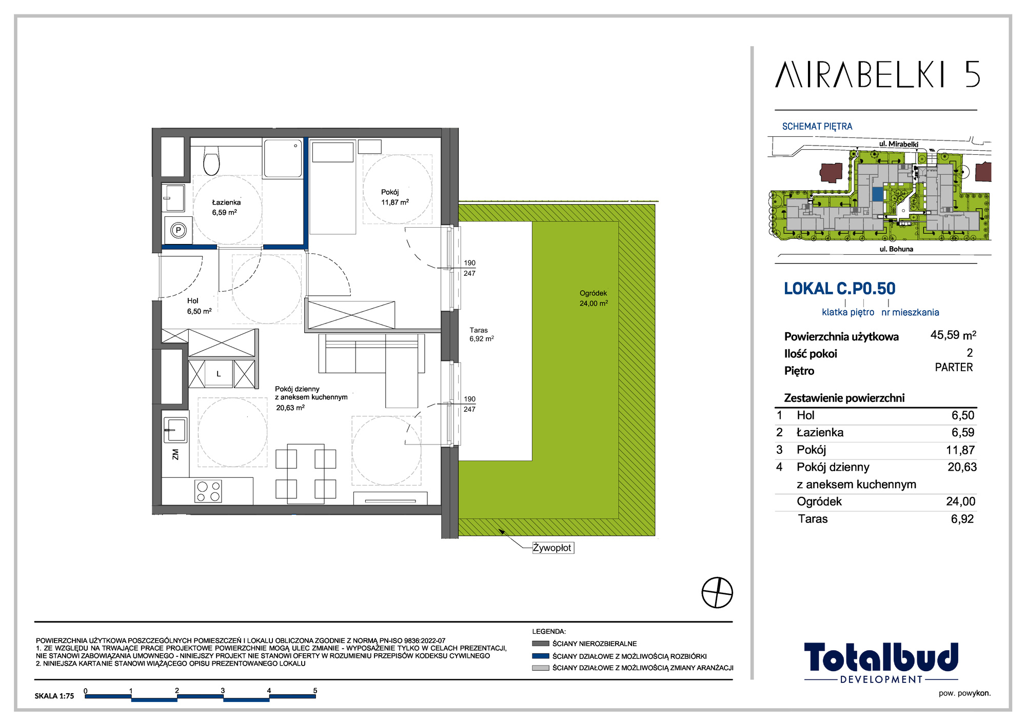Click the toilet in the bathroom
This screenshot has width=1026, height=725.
pyautogui.click(x=211, y=160)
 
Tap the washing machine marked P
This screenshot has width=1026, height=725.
pyautogui.click(x=178, y=230)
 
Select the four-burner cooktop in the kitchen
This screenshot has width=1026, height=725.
pyautogui.click(x=208, y=491)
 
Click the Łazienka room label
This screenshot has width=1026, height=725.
pyautogui.click(x=226, y=203)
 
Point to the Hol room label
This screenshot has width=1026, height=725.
pyautogui.click(x=193, y=301)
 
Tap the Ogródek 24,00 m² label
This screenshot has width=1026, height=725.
pyautogui.click(x=594, y=298)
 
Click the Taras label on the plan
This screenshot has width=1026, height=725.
pyautogui.click(x=479, y=330)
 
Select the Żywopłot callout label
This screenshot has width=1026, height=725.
pyautogui.click(x=553, y=548)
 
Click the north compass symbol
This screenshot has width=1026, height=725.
pyautogui.click(x=717, y=593)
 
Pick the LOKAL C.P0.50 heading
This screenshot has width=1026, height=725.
pyautogui.click(x=840, y=289)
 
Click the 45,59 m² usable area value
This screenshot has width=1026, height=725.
pyautogui.click(x=953, y=335)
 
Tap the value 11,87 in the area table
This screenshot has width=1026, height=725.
pyautogui.click(x=960, y=450)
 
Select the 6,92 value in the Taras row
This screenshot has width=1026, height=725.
pyautogui.click(x=962, y=519)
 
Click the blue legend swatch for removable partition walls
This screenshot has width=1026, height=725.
pyautogui.click(x=541, y=656)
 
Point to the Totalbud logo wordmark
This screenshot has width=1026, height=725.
pyautogui.click(x=881, y=657)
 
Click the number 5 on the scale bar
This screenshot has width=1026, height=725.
pyautogui.click(x=315, y=691)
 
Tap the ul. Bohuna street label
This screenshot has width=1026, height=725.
pyautogui.click(x=896, y=249)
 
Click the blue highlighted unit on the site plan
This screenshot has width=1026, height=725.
pyautogui.click(x=878, y=194)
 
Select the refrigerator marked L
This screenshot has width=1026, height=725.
pyautogui.click(x=219, y=373)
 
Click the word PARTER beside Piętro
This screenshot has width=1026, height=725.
pyautogui.click(x=954, y=368)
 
